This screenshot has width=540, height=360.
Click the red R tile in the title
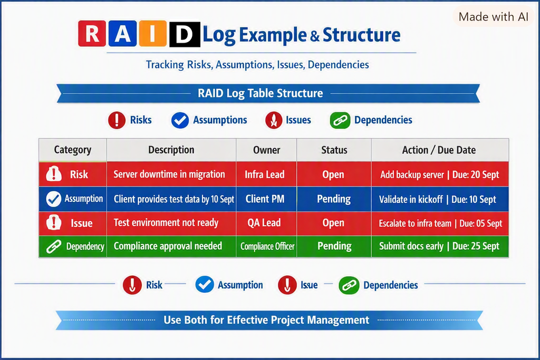point(92,33)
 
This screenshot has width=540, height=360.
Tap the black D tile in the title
point(185,34)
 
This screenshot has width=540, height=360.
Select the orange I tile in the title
point(153,33)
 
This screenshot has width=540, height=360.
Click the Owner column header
point(266,150)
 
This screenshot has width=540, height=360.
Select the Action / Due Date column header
point(440,150)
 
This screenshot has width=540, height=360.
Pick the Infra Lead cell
point(266,174)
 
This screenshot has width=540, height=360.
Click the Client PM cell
point(266,199)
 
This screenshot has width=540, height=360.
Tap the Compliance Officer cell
point(266,247)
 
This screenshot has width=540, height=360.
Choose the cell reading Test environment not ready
point(171,223)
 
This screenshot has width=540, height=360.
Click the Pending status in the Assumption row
point(334,199)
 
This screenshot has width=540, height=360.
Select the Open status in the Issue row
point(334,223)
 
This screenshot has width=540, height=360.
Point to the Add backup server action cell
point(440,174)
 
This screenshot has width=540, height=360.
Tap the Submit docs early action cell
point(440,247)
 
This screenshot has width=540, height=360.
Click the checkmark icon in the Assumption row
point(54,199)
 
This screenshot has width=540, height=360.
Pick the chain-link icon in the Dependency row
point(54,247)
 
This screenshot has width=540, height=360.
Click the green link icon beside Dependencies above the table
point(340,121)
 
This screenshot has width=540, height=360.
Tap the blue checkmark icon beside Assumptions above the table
point(180,121)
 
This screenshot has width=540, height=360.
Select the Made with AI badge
point(493,16)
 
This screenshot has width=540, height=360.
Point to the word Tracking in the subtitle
point(165,65)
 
